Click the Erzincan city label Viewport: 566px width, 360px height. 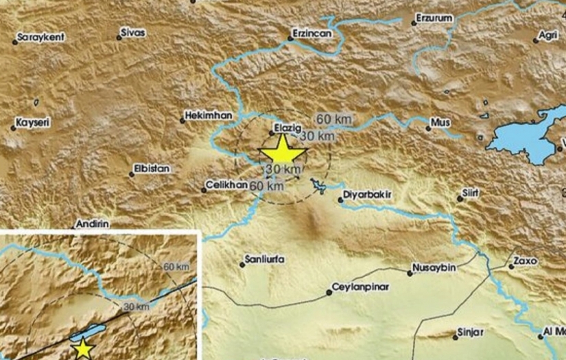(312, 32)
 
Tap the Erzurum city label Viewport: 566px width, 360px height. (437, 16)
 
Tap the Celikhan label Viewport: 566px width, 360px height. (227, 185)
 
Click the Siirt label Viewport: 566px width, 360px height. (471, 195)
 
